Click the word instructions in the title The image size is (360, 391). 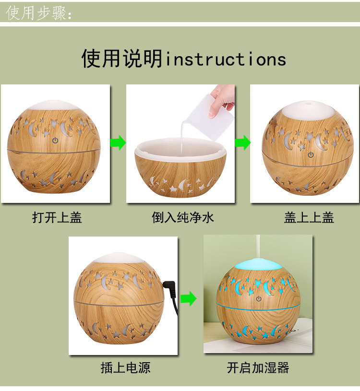click(226, 59)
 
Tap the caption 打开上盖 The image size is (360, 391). click(57, 217)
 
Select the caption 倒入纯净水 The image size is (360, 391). click(183, 217)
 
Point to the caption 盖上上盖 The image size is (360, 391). click(309, 217)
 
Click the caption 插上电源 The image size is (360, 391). click(125, 368)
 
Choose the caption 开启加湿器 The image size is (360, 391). click(258, 368)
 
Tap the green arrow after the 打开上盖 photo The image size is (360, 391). click(118, 142)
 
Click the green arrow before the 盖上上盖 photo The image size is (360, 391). click(243, 142)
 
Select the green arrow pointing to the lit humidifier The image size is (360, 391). click(188, 298)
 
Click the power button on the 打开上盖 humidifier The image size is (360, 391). click(55, 141)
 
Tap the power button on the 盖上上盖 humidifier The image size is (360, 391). click(311, 155)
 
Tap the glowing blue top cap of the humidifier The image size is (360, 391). click(258, 264)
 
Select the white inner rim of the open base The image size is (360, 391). click(180, 149)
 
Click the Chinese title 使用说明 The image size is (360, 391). click(122, 59)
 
